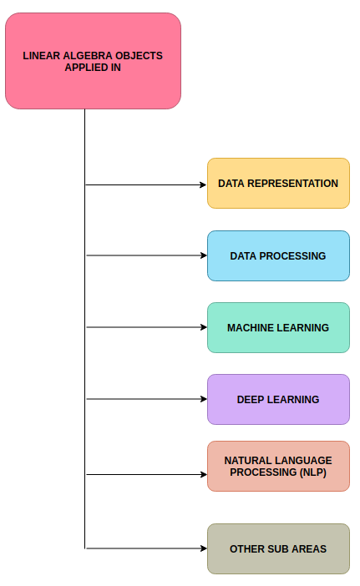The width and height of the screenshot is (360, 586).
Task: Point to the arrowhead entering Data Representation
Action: (203, 184)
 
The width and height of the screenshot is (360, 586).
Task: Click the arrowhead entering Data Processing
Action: (203, 255)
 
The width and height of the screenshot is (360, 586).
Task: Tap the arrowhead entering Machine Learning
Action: (203, 327)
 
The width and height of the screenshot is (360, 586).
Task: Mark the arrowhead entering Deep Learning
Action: (203, 399)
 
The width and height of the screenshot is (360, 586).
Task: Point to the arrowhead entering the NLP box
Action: (203, 474)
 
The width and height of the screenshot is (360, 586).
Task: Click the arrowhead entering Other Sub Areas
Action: (203, 548)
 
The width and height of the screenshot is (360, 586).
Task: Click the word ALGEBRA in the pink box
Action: (84, 56)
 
